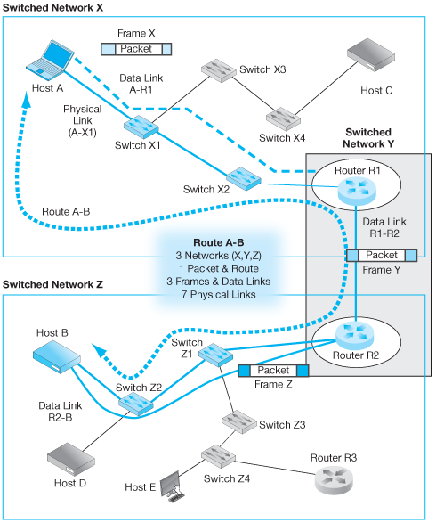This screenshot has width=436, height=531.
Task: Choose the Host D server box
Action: click(71, 458)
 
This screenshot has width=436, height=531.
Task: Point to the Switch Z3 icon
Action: click(238, 417)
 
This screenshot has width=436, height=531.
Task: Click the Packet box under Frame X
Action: click(136, 49)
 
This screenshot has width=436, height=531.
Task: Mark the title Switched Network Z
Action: click(53, 285)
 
